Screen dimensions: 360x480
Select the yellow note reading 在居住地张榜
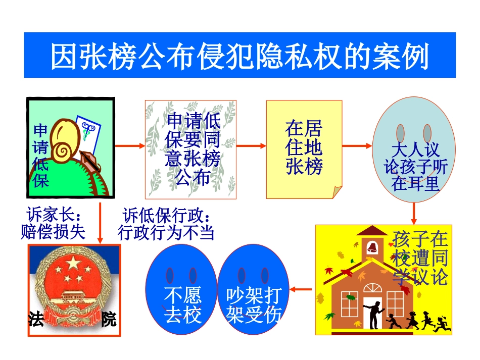point(304,148)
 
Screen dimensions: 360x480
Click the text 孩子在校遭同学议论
point(420,259)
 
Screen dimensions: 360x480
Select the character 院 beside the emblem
point(108,319)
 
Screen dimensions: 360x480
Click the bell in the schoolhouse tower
point(372,247)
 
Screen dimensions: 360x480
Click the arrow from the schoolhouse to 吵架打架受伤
point(302,289)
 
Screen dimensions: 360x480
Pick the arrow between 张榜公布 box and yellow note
point(251,146)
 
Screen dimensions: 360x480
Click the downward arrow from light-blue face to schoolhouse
point(414,213)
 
